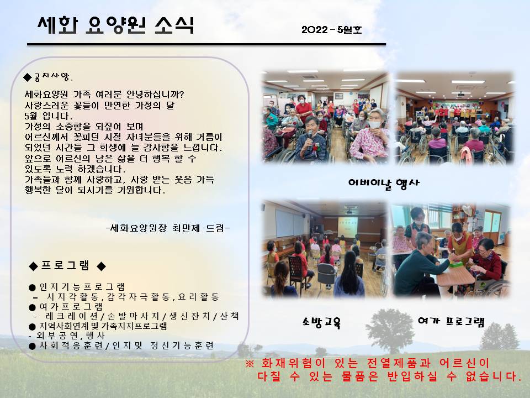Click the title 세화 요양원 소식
pos(116,25)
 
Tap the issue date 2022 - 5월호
pos(332,30)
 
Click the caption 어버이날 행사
pos(384,183)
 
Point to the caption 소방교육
pos(321,322)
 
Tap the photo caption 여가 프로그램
pos(451,322)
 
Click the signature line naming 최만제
pos(168,228)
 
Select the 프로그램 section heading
pos(67,266)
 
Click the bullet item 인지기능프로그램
pos(77,287)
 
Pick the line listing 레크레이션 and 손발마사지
pos(136,316)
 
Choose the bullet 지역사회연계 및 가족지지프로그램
pos(98,326)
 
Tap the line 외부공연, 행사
pos(67,336)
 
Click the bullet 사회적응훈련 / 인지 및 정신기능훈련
pos(121,345)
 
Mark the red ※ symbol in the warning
pos(250,364)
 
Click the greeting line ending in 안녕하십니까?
pos(104,94)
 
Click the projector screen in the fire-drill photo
pos(347,227)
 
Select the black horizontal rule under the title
pos(206,44)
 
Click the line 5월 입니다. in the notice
pos(49,116)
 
